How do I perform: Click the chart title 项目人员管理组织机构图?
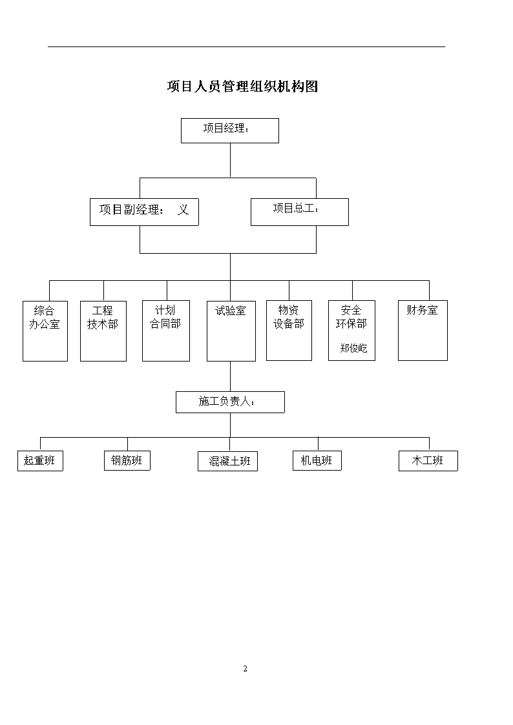[x=242, y=87]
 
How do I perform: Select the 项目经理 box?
[x=230, y=130]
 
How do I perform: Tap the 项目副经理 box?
[x=144, y=212]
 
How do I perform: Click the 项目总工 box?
[x=300, y=212]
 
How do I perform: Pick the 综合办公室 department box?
[x=45, y=331]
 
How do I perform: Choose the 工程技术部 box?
[x=103, y=331]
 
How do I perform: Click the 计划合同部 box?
[x=166, y=331]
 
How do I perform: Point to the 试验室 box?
[x=231, y=331]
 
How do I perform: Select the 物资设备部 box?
[x=289, y=331]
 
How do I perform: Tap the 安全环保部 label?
[x=351, y=317]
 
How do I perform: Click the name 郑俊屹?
[x=353, y=348]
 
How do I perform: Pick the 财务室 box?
[x=423, y=331]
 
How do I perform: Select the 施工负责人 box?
[x=231, y=402]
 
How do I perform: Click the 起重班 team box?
[x=40, y=461]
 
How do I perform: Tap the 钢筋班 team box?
[x=127, y=460]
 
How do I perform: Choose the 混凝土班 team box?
[x=227, y=462]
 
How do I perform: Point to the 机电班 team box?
[x=317, y=460]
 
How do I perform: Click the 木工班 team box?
[x=428, y=461]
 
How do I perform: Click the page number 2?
[x=245, y=669]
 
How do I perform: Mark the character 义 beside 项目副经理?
[x=183, y=209]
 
